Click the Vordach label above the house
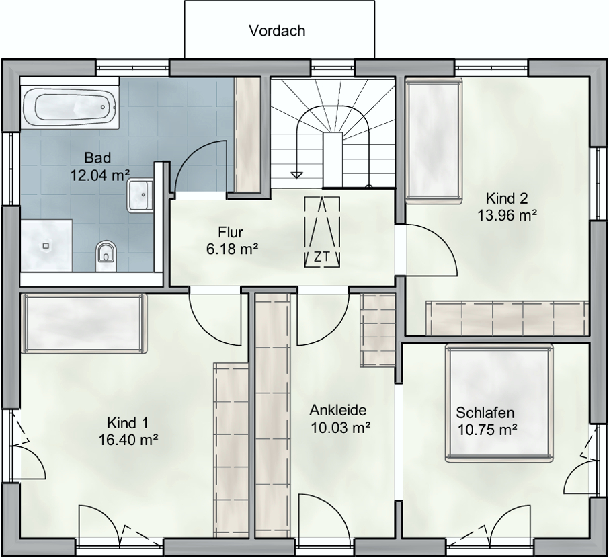coord(277,31)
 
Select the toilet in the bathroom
coord(106,255)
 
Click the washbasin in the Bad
coord(139,195)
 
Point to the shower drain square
coord(46,245)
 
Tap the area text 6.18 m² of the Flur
coord(233,249)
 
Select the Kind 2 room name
coord(506,198)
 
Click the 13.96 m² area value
coord(507,215)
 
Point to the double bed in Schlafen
coord(499,403)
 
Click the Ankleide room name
coord(338,410)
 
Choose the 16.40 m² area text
coord(128,440)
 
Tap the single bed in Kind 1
coord(85,323)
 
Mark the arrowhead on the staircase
coord(297,175)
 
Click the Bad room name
coord(97,158)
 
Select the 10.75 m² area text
coord(487,430)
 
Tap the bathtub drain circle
coord(103,107)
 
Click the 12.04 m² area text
coord(99,175)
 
